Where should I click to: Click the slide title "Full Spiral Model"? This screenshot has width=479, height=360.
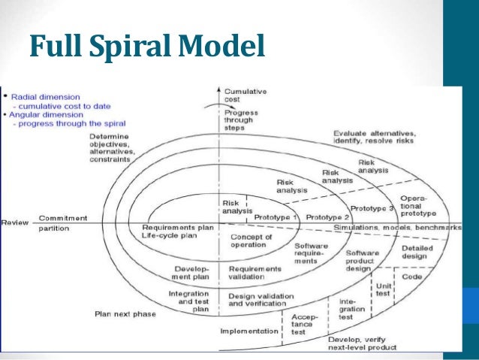tap(147, 47)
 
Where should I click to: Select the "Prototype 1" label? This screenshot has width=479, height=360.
tap(276, 216)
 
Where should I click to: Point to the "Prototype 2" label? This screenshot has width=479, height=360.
tap(327, 216)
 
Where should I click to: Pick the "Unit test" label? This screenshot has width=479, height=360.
tap(383, 288)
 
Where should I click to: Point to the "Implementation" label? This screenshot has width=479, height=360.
tap(249, 330)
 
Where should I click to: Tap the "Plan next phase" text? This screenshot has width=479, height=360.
tap(125, 313)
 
